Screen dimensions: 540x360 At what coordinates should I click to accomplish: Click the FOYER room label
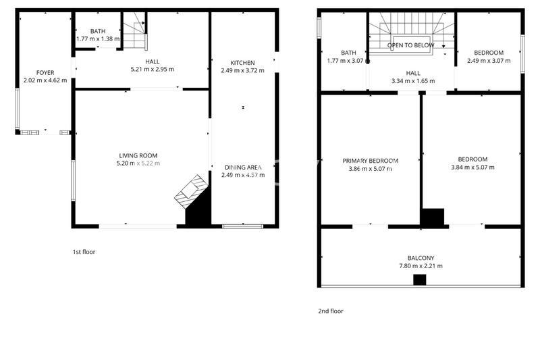[x=45, y=73]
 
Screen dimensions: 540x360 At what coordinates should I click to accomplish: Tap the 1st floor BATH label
[x=98, y=31]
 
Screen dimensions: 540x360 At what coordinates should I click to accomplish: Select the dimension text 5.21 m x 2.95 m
[x=153, y=70]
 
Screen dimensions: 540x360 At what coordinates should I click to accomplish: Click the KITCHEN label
[x=242, y=63]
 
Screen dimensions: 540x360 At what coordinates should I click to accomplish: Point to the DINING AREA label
[x=243, y=168]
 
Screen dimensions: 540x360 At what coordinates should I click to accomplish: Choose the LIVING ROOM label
[x=138, y=156]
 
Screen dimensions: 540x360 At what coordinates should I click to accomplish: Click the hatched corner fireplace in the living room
[x=191, y=192]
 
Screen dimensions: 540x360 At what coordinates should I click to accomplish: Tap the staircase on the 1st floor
[x=134, y=31]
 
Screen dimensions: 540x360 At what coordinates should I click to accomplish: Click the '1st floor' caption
[x=84, y=252]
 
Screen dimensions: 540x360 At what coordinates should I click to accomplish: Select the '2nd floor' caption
[x=331, y=311]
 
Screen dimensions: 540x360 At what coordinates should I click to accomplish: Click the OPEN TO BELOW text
[x=410, y=45]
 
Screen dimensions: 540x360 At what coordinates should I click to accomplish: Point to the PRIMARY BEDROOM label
[x=370, y=161]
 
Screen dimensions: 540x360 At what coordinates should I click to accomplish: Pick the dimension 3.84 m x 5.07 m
[x=473, y=168]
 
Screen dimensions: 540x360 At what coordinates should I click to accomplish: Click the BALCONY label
[x=421, y=258]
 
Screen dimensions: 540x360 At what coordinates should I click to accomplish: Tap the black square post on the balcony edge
[x=419, y=280]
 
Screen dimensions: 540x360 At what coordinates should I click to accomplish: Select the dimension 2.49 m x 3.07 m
[x=489, y=61]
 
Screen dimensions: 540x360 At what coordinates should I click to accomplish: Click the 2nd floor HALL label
[x=413, y=73]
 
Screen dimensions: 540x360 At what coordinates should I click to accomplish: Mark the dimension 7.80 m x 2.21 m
[x=421, y=266]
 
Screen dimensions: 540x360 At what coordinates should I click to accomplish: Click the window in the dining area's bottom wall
[x=243, y=226]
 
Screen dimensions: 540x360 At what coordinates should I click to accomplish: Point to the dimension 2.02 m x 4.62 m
[x=45, y=80]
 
